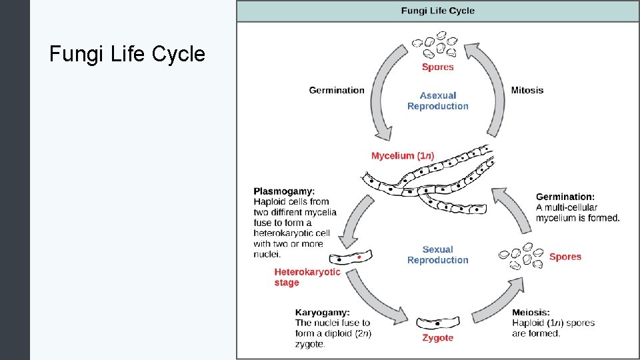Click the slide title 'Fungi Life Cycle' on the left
(x=127, y=54)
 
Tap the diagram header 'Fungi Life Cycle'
(x=437, y=11)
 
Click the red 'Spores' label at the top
(x=438, y=67)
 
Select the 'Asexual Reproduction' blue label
(x=438, y=101)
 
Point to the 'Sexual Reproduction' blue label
(x=438, y=255)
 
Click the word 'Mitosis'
(x=527, y=90)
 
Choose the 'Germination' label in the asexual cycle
(x=337, y=90)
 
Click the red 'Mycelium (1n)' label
(x=402, y=156)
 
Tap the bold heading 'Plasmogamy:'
(x=284, y=191)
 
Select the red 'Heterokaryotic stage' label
(x=307, y=277)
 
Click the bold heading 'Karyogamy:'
(x=322, y=312)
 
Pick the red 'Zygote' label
(x=438, y=338)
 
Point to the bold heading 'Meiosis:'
(x=531, y=312)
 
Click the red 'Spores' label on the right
(x=565, y=257)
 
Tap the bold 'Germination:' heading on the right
(x=565, y=197)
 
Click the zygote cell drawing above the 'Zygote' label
(x=437, y=323)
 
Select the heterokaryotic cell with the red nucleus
(x=354, y=257)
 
